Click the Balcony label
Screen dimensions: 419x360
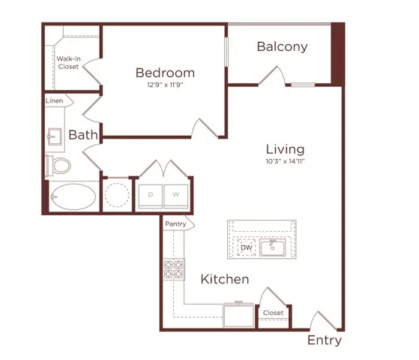tap(282, 46)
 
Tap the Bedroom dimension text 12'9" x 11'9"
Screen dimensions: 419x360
tap(165, 85)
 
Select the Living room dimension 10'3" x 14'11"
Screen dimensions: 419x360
tap(286, 161)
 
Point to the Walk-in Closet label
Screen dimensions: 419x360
tap(68, 62)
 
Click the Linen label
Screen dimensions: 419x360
tap(54, 100)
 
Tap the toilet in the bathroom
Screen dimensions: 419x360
tap(58, 166)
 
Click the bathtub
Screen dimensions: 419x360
tap(73, 196)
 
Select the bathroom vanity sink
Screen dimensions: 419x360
tap(55, 136)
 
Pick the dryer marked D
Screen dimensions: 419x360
tap(151, 196)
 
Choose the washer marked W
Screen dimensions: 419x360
tap(176, 196)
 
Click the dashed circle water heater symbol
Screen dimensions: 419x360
tap(117, 195)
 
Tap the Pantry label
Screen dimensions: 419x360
tap(175, 223)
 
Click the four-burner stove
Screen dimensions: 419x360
tap(174, 269)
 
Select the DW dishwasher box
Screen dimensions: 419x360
tap(247, 247)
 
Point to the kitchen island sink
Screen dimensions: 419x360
tap(272, 247)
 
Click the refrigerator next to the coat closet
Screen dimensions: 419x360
tap(238, 315)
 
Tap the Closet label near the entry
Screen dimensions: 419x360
tap(273, 313)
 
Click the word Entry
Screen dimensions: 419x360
tap(325, 340)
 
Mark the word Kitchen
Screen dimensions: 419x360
tap(225, 280)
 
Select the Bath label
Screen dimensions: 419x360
tap(83, 135)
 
